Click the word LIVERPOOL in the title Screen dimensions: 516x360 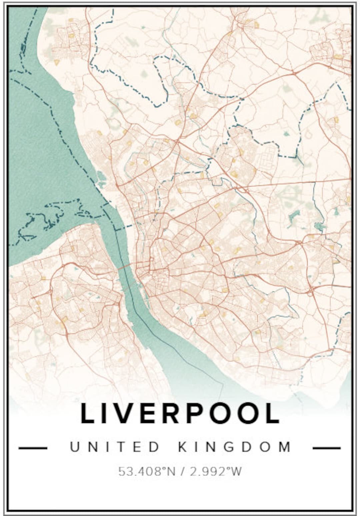tap(180, 413)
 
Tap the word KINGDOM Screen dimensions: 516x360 tap(235, 447)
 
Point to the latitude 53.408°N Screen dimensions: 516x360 tap(147, 471)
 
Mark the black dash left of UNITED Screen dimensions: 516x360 tap(33, 448)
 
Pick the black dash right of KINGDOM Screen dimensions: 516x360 tap(327, 448)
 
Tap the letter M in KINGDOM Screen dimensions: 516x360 tap(285, 447)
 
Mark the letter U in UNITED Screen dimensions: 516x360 tap(75, 447)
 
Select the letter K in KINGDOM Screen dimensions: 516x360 tap(183, 447)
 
